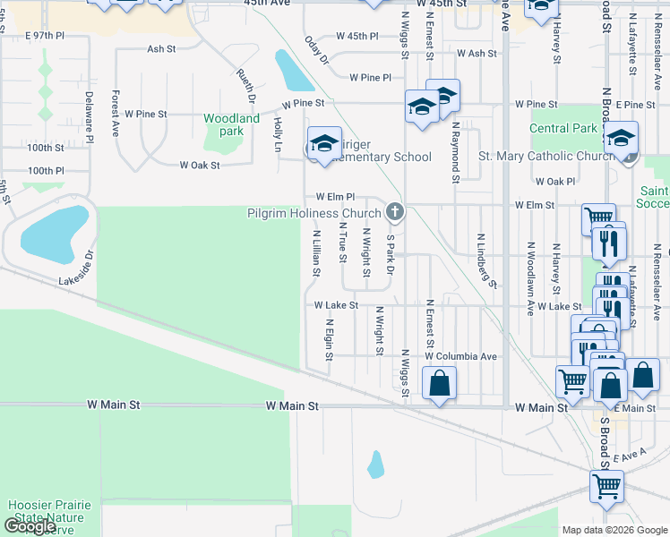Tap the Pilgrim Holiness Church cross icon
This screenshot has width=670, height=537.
click(x=393, y=213)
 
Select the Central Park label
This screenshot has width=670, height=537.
click(x=563, y=128)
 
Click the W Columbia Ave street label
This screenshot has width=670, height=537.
click(x=460, y=356)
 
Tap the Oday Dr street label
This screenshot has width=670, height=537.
click(x=317, y=50)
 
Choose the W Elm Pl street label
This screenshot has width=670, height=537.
click(x=336, y=197)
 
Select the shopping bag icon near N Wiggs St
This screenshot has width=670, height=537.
click(x=439, y=385)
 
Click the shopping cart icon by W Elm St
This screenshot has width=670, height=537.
click(x=597, y=218)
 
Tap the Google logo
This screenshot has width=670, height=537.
click(x=30, y=526)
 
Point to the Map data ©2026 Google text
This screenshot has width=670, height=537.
click(x=614, y=530)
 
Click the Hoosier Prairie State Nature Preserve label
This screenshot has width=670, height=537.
click(x=49, y=517)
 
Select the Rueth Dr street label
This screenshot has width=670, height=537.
click(x=246, y=86)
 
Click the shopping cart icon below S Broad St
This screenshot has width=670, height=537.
click(x=606, y=488)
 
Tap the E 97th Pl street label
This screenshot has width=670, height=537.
click(x=46, y=35)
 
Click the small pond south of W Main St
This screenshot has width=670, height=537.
click(x=376, y=464)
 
